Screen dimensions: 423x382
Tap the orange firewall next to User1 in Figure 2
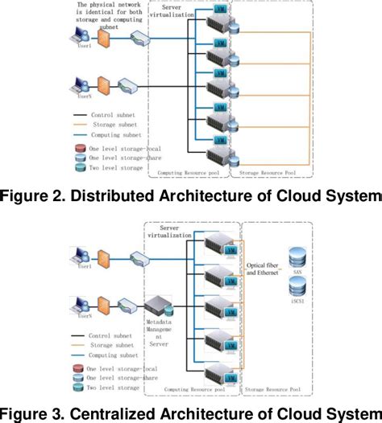pyautogui.click(x=103, y=38)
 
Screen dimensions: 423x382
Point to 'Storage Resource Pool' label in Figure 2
pyautogui.click(x=265, y=171)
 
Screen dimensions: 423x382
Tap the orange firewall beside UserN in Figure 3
pyautogui.click(x=103, y=305)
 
